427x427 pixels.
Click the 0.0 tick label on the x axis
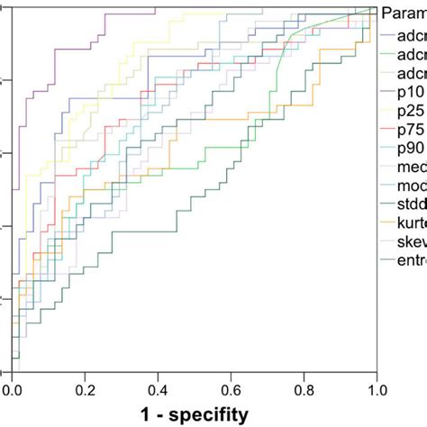(12, 390)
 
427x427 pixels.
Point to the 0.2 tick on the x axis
(85, 390)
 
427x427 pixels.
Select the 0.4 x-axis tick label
(158, 390)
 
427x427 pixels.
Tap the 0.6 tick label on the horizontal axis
(231, 390)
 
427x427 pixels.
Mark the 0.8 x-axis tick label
(303, 390)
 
